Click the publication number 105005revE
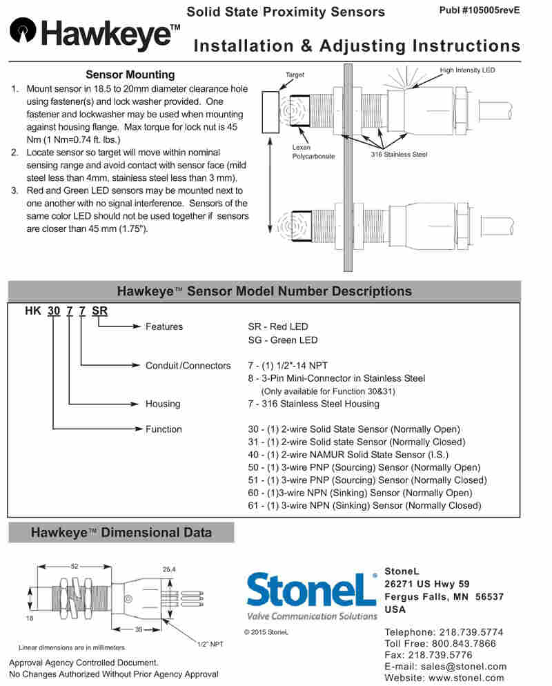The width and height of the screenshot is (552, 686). point(479,10)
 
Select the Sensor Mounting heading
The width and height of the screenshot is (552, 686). point(130,75)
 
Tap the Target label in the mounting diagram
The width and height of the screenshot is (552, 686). point(295,75)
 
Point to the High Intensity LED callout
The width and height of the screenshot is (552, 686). point(467,70)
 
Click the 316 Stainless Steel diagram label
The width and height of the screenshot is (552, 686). point(399,154)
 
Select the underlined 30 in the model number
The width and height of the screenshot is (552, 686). point(53,311)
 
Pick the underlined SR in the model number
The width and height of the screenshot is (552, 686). point(99,311)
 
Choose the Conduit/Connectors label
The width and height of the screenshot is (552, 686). point(188,366)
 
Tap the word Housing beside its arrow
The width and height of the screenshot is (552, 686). point(163,404)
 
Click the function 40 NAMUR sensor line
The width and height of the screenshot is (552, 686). point(348,454)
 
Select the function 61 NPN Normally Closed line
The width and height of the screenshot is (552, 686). point(364,505)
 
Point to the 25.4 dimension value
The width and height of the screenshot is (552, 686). point(169,569)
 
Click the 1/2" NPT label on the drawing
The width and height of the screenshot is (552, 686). point(210,644)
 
